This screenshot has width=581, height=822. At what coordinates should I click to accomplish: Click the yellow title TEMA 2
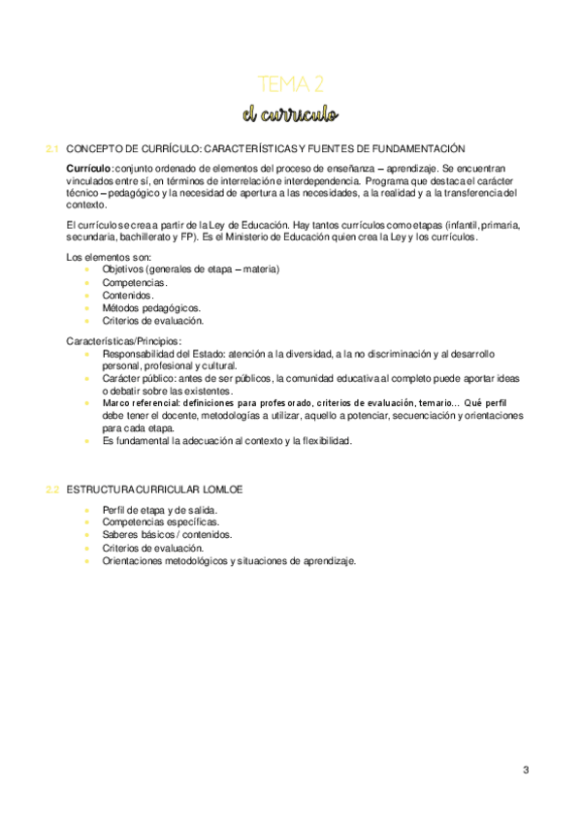click(290, 84)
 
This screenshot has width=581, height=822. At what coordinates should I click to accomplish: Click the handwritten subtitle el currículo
click(290, 114)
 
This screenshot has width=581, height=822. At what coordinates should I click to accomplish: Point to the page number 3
click(526, 771)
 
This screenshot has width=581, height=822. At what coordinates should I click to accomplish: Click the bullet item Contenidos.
click(127, 295)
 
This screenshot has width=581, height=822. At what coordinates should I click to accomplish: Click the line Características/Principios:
click(123, 341)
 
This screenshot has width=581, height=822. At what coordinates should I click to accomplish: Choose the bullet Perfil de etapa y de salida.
click(159, 509)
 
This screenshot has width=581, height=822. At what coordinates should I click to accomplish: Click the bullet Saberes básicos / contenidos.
click(166, 534)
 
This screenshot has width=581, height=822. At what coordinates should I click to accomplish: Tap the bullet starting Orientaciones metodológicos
click(228, 560)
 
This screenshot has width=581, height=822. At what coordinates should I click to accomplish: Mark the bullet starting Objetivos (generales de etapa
click(190, 269)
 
